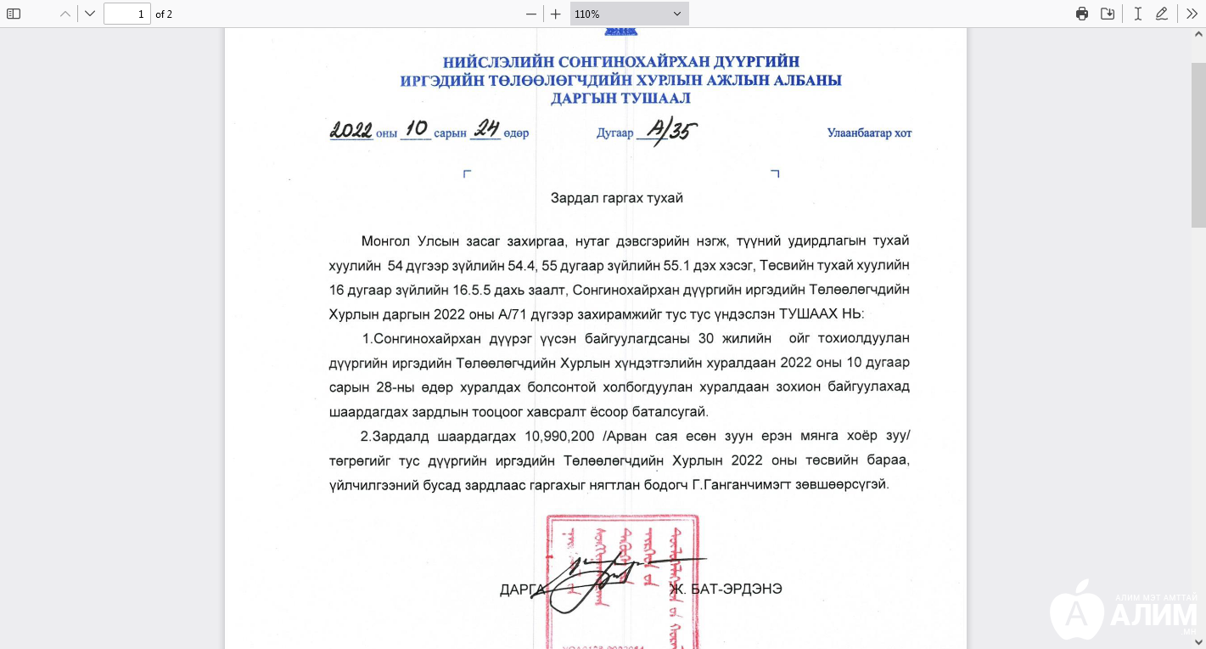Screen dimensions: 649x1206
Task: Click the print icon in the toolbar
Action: pyautogui.click(x=1082, y=14)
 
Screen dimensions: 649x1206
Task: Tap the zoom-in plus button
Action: pyautogui.click(x=555, y=14)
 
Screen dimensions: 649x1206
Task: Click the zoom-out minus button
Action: pyautogui.click(x=531, y=14)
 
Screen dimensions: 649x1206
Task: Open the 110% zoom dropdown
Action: pyautogui.click(x=629, y=14)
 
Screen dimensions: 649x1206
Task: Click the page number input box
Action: pyautogui.click(x=126, y=14)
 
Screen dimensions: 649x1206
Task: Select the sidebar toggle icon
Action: pyautogui.click(x=14, y=14)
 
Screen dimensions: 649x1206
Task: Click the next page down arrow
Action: pyautogui.click(x=90, y=14)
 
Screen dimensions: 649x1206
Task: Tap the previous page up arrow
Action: pyautogui.click(x=65, y=14)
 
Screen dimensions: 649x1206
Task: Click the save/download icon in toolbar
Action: pyautogui.click(x=1108, y=14)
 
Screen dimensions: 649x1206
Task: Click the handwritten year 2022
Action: pyautogui.click(x=351, y=131)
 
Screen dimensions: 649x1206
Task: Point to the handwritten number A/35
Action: pyautogui.click(x=671, y=131)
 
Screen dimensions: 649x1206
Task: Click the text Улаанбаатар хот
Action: pyautogui.click(x=869, y=133)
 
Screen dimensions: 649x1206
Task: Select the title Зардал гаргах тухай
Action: pyautogui.click(x=617, y=198)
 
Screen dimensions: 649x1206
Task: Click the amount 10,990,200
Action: pyautogui.click(x=558, y=437)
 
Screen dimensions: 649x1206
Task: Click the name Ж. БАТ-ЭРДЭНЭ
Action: pyautogui.click(x=725, y=589)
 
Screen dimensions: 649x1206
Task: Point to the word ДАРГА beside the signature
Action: pyautogui.click(x=521, y=589)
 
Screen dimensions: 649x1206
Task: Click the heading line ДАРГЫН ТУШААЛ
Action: pyautogui.click(x=620, y=99)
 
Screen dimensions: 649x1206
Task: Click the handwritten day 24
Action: pyautogui.click(x=486, y=129)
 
